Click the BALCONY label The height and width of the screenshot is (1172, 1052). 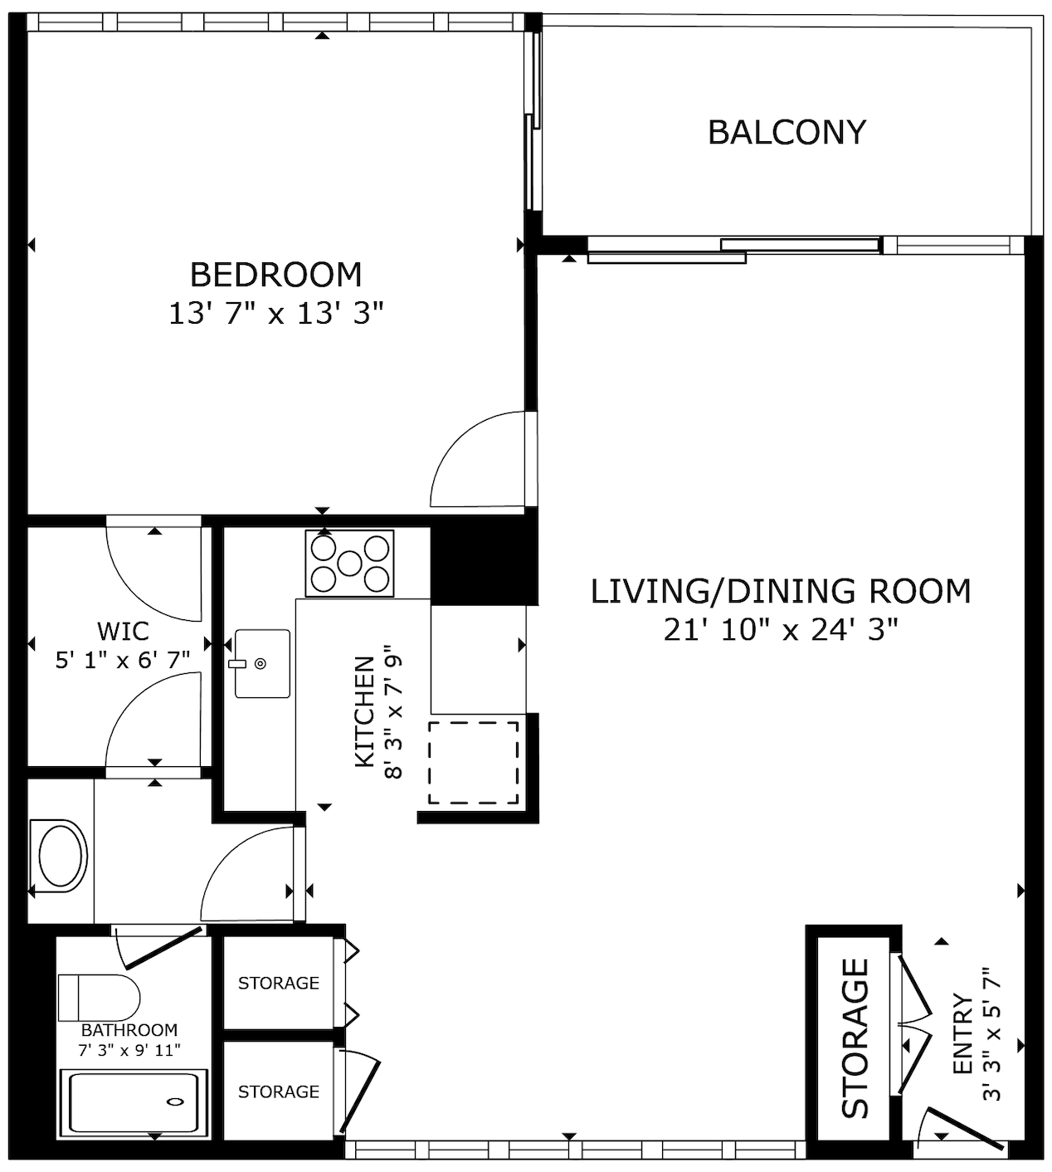787,133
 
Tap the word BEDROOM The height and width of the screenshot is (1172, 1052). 276,275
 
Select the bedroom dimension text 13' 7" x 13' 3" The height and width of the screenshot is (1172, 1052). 276,314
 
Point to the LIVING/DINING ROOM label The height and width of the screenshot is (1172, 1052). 781,591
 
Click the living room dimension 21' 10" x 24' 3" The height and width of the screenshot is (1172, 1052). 781,629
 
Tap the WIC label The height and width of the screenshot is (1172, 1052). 123,631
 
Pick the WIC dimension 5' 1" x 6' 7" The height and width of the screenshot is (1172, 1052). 123,660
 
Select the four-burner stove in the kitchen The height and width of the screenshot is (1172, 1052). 349,564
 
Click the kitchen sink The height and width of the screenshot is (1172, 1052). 262,663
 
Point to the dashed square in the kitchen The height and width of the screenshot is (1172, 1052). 473,763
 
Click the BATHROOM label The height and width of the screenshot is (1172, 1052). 129,1030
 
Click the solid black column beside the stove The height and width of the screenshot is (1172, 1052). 485,559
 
